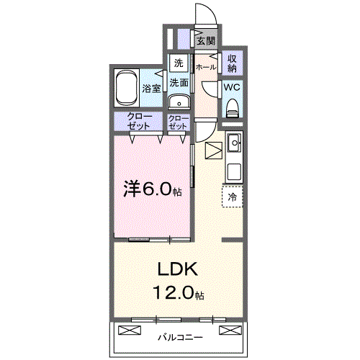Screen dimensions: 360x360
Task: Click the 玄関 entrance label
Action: click(x=206, y=41)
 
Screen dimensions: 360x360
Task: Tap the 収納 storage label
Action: click(x=232, y=63)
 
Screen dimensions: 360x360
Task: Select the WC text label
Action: click(x=231, y=86)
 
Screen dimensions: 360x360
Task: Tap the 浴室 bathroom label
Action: click(x=151, y=89)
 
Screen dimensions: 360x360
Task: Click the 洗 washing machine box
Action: click(x=178, y=62)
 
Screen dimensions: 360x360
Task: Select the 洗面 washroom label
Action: click(x=179, y=82)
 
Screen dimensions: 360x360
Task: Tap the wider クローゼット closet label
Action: click(x=139, y=121)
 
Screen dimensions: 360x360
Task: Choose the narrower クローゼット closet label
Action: click(x=178, y=121)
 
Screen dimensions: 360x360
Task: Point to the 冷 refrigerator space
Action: click(x=233, y=196)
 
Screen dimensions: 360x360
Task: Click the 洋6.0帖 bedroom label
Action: click(x=151, y=189)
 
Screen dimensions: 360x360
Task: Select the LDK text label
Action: click(x=177, y=270)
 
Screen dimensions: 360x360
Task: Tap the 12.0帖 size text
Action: click(x=177, y=293)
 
